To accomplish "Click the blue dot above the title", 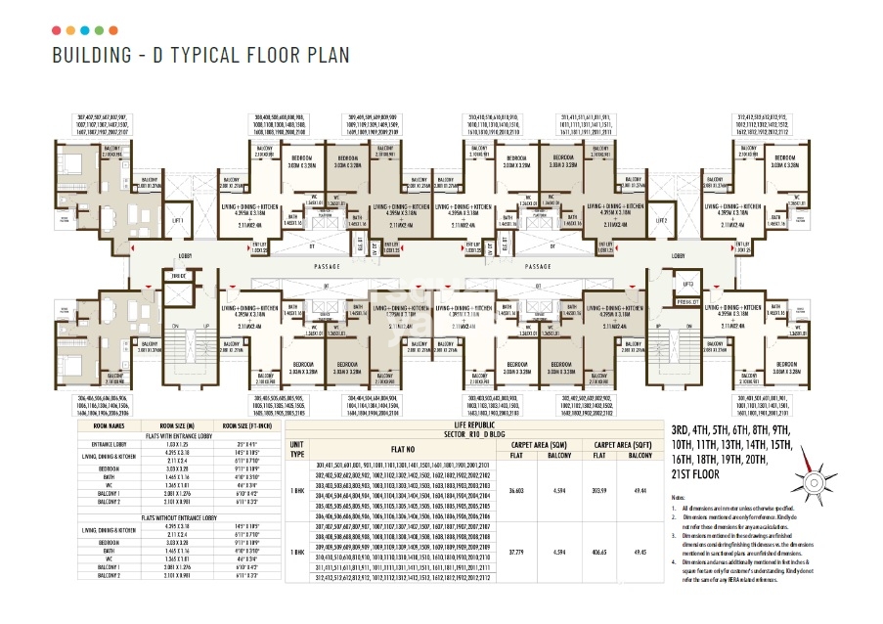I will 85,30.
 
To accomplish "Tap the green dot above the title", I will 100,30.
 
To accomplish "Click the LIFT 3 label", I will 687,284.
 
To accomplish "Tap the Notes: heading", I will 679,498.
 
